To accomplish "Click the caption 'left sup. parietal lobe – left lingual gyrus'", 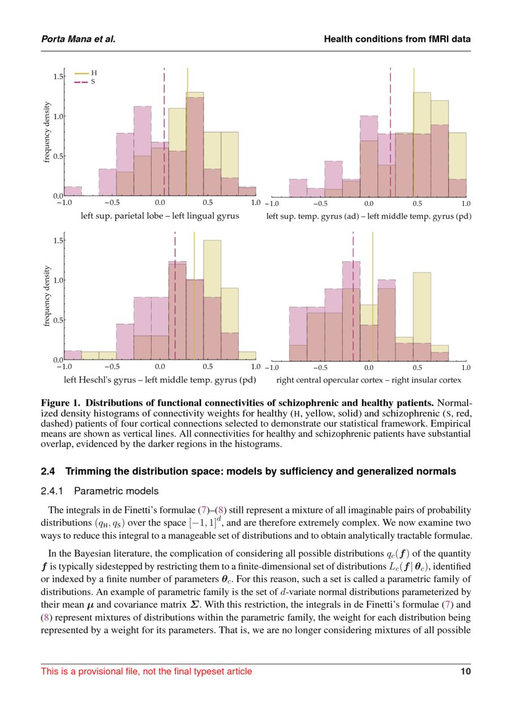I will (160, 216).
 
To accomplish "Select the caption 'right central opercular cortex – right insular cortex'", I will (369, 380).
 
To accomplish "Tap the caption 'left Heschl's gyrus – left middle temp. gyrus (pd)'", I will (160, 380).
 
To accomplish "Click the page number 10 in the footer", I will (466, 671).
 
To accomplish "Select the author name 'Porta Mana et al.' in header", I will (78, 39).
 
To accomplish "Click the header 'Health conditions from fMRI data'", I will (397, 39).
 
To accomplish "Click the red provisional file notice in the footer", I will (146, 671).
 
